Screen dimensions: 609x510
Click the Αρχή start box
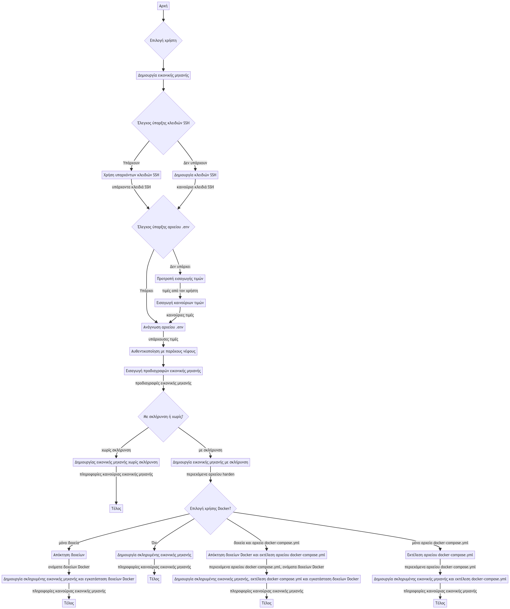pos(163,6)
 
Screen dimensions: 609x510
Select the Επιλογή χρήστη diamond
pos(163,41)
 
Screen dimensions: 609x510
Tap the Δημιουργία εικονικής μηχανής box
pos(163,75)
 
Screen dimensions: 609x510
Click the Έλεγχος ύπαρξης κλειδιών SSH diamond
pos(163,123)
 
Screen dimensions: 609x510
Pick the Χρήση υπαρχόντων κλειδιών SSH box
pos(131,175)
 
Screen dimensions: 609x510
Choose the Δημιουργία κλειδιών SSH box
pos(195,175)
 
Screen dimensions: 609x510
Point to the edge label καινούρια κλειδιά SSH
pos(195,187)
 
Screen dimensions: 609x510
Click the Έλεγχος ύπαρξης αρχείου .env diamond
pos(163,227)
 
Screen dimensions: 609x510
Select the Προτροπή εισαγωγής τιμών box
pos(180,279)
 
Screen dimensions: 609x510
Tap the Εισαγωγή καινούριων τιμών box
pos(180,303)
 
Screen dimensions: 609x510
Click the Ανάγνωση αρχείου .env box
pos(163,327)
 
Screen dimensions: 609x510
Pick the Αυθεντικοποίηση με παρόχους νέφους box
pos(163,351)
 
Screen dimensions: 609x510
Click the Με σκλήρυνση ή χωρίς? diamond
pos(163,417)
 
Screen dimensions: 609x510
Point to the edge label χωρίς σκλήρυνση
pos(116,450)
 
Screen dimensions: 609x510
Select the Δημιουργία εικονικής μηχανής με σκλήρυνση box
pos(210,462)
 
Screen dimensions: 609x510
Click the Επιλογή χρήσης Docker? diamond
pos(210,508)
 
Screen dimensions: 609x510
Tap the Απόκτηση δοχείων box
pos(69,555)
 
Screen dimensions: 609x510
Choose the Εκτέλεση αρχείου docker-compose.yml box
pos(440,555)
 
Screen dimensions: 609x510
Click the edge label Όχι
pos(154,543)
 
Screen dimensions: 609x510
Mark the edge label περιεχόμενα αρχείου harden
pos(210,474)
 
